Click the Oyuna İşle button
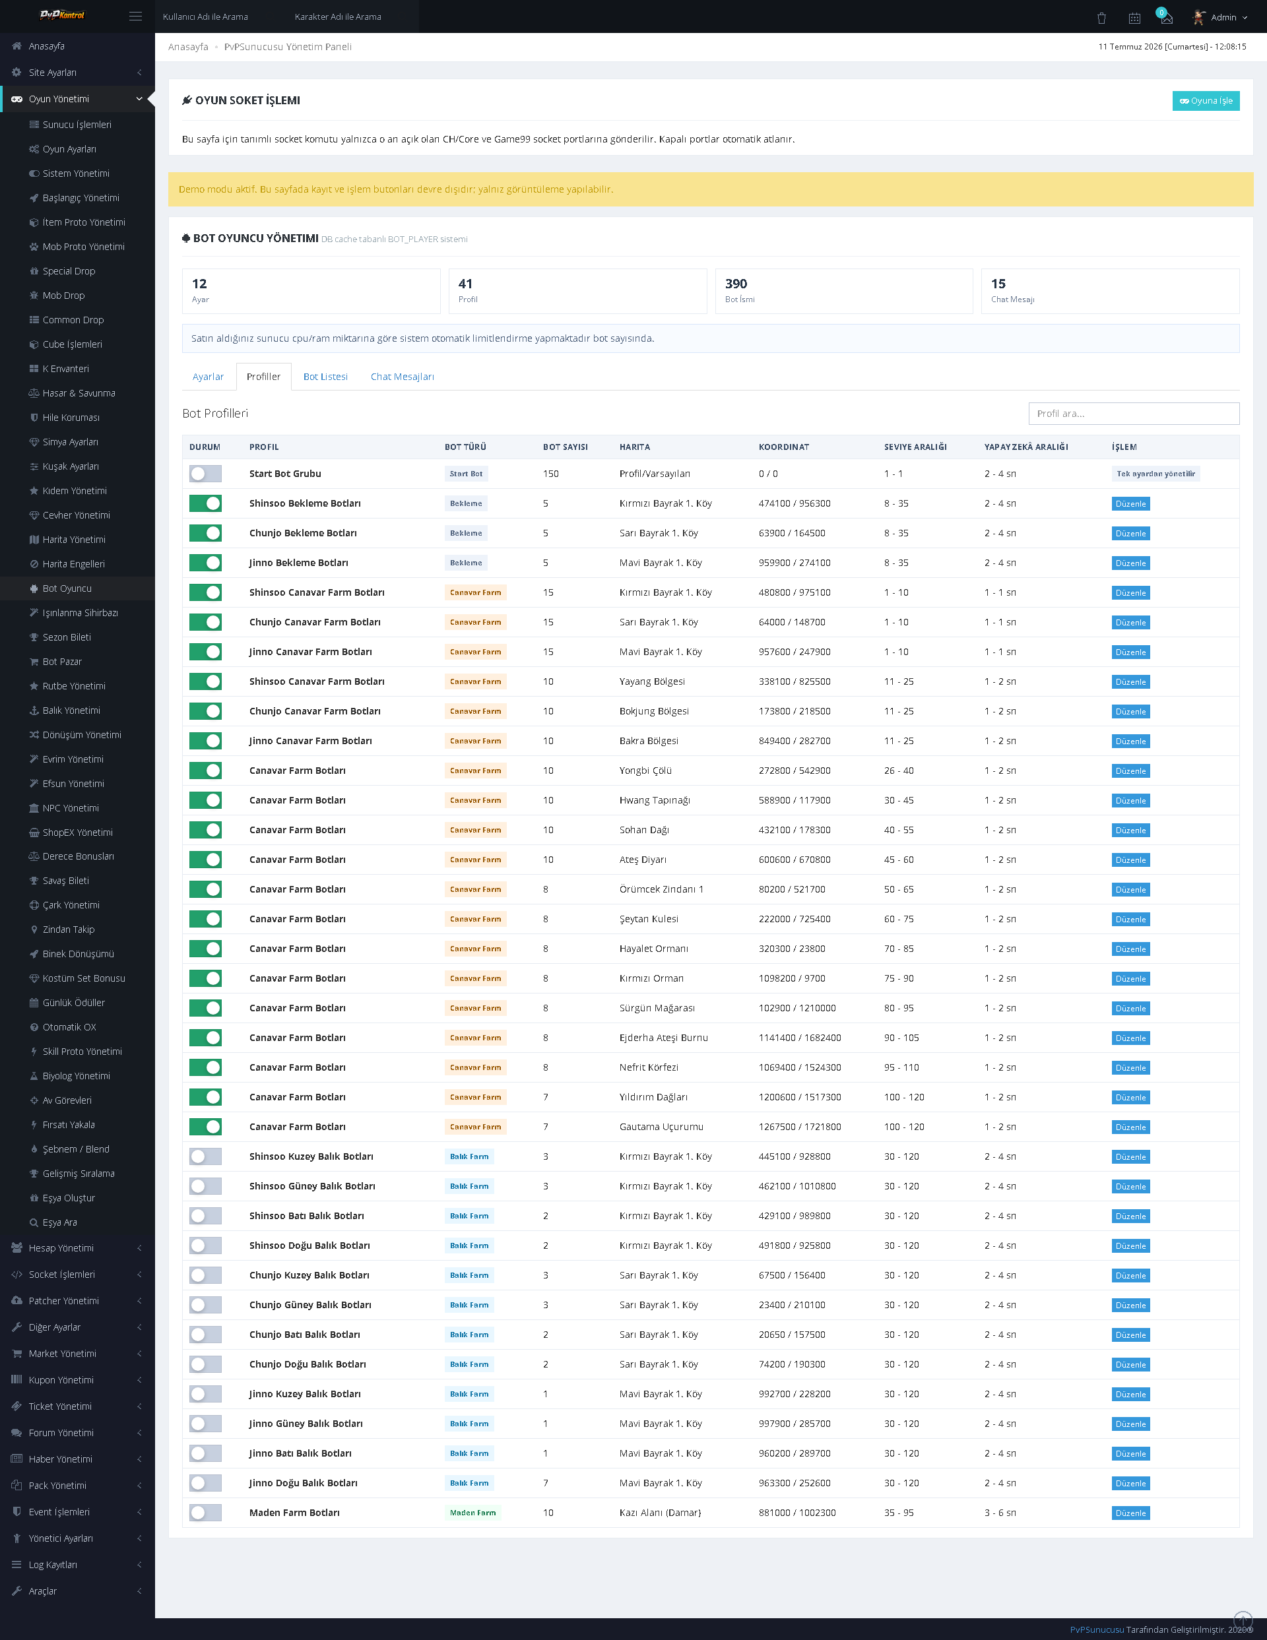pyautogui.click(x=1206, y=101)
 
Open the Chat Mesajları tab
pyautogui.click(x=402, y=377)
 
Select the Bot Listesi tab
pyautogui.click(x=325, y=377)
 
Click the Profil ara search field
pyautogui.click(x=1133, y=414)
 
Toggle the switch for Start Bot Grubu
pyautogui.click(x=205, y=474)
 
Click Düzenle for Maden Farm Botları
pyautogui.click(x=1130, y=1513)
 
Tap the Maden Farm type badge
pyautogui.click(x=472, y=1513)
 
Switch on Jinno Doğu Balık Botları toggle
pyautogui.click(x=205, y=1483)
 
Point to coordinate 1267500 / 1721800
pyautogui.click(x=799, y=1126)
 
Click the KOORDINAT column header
pyautogui.click(x=783, y=447)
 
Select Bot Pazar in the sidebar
pyautogui.click(x=62, y=662)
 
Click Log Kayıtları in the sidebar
pyautogui.click(x=53, y=1564)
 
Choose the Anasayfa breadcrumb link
pyautogui.click(x=188, y=47)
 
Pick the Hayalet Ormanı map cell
pyautogui.click(x=653, y=949)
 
